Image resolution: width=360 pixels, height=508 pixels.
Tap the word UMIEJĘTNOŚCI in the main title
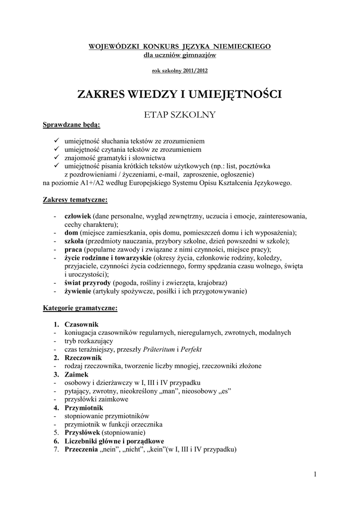(x=231, y=94)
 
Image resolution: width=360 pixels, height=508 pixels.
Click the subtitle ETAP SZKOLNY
(x=179, y=115)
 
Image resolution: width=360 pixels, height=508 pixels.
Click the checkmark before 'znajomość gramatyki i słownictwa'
(x=57, y=157)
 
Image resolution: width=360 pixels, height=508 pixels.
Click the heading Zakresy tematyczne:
(x=75, y=200)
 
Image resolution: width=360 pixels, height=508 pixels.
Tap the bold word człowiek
(x=78, y=216)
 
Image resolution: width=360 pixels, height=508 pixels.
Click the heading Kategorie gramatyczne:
(x=80, y=308)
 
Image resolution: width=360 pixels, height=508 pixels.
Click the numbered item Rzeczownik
(x=83, y=358)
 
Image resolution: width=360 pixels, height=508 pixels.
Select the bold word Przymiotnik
(x=84, y=408)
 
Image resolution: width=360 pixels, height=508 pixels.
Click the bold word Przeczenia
(x=82, y=450)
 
